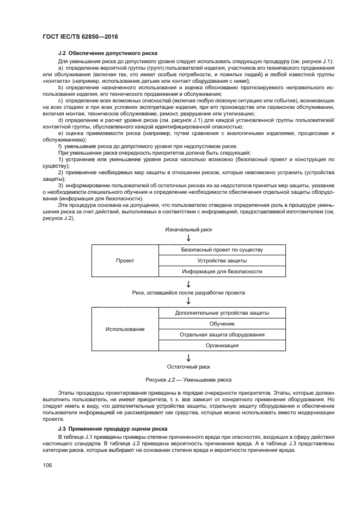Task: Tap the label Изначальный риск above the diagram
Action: (x=188, y=229)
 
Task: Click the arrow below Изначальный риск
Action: (x=188, y=238)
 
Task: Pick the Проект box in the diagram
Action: (x=125, y=260)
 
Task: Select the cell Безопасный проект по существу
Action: (x=222, y=250)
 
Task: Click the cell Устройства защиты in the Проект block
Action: (x=222, y=260)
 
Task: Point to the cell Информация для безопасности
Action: (x=222, y=271)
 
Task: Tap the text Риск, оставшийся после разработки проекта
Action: (x=188, y=292)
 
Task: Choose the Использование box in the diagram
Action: (x=125, y=329)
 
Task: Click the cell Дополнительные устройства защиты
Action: (x=222, y=313)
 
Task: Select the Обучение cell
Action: (x=222, y=323)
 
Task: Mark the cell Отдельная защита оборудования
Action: (x=222, y=334)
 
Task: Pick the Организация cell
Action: (x=222, y=345)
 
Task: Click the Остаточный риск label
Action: (x=188, y=366)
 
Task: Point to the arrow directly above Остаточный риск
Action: (x=188, y=357)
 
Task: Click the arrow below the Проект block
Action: (x=188, y=283)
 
